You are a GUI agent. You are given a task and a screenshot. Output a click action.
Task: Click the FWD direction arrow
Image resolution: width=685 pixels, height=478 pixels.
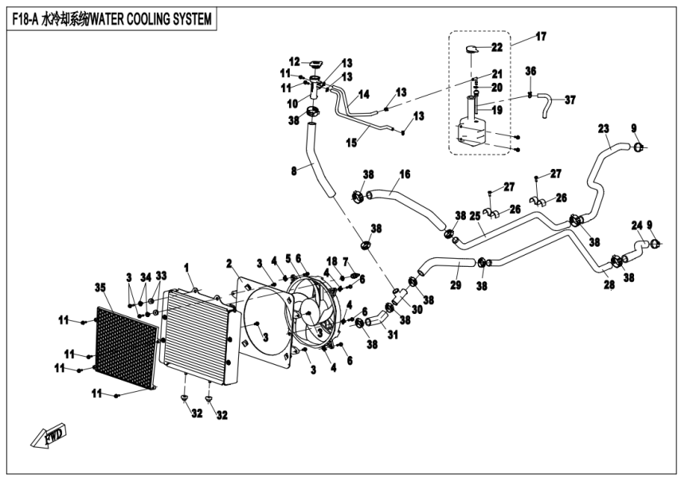(48, 435)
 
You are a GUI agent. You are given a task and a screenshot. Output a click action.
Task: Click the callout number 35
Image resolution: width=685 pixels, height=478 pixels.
(100, 287)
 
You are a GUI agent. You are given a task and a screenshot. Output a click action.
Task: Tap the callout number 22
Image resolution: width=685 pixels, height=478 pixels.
(496, 47)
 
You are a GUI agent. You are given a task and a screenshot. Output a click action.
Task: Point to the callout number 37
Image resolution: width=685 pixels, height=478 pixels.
(570, 100)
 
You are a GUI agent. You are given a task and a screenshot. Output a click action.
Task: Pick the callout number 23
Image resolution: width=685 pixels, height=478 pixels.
(603, 127)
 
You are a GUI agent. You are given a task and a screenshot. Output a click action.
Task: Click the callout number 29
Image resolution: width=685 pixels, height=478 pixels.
(456, 284)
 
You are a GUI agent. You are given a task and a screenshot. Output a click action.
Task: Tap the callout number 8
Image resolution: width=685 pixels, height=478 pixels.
(293, 170)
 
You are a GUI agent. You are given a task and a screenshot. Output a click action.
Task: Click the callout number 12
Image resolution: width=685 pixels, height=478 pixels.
(294, 61)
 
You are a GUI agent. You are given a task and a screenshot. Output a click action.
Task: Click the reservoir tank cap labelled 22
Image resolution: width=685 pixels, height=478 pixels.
(472, 49)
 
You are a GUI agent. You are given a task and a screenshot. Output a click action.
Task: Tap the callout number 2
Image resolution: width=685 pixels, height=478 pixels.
(229, 263)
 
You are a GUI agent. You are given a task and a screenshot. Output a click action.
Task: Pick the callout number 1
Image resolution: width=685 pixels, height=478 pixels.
(187, 266)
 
